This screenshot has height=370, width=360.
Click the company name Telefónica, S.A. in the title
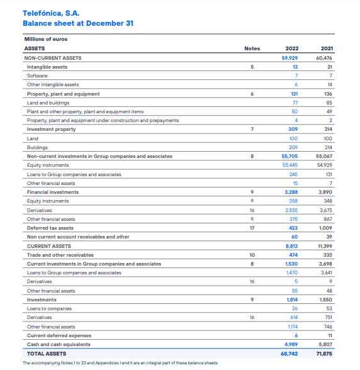pos(51,13)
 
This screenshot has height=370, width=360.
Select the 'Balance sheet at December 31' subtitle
pos(77,23)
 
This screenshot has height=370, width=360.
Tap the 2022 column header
pos(291,48)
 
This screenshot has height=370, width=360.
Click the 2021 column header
pos(327,48)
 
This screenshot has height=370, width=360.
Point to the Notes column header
pos(252,48)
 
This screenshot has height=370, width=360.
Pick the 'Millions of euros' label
pos(45,39)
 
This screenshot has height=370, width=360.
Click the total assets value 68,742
pos(290,354)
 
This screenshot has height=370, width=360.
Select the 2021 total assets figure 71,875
pos(324,354)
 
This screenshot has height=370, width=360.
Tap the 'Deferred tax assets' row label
pos(50,228)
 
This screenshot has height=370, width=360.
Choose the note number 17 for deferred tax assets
pos(252,228)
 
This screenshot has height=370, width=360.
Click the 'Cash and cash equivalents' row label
pos(59,344)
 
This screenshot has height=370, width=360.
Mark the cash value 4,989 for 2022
pos(290,344)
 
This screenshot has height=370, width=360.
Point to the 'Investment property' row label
pos(52,129)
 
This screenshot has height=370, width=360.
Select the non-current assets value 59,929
pos(290,58)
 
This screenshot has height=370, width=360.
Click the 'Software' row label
pos(37,76)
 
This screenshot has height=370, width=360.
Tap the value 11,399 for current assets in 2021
pos(324,246)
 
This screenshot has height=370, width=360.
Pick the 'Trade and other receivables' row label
pos(61,255)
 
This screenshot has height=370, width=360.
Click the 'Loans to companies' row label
pos(49,308)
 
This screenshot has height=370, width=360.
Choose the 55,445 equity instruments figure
pos(290,165)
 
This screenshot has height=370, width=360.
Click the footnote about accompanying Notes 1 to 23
pos(120,362)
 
